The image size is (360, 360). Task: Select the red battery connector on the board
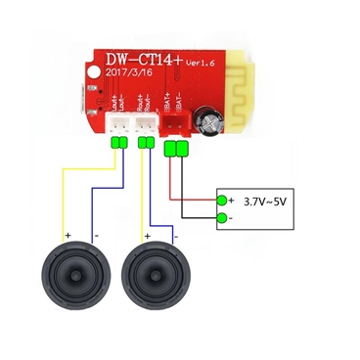[177, 122]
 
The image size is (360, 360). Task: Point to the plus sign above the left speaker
[67, 235]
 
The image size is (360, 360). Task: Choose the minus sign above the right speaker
[176, 236]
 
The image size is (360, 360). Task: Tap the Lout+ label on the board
[111, 99]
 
